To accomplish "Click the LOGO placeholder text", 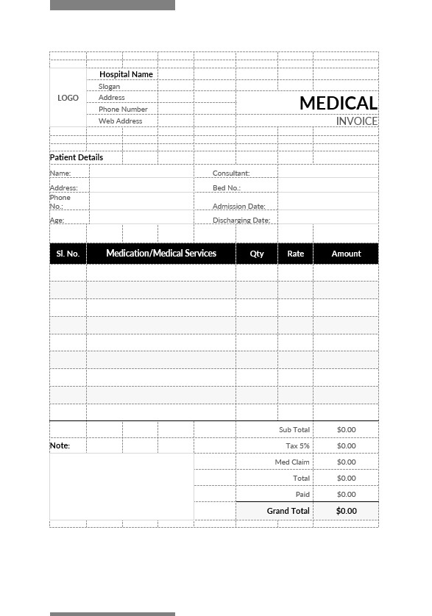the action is (68, 98).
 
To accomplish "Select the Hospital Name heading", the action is (126, 74).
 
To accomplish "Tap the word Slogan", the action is (109, 87).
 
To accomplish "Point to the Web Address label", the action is (121, 121).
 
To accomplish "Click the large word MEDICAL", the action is (338, 104).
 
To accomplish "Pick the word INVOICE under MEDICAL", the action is (357, 121).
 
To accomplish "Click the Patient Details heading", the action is (77, 157).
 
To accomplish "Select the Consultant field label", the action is (231, 173).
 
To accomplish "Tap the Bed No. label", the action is (227, 188).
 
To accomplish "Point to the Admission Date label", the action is (239, 207).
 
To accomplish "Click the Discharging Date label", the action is (241, 221).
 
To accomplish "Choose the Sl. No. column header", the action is (68, 254).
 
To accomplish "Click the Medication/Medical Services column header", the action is (161, 254).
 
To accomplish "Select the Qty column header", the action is (257, 254).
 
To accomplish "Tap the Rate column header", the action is (295, 254).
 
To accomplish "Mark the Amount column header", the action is (346, 254).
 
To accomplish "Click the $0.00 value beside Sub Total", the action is (346, 430).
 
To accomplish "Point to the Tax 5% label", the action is (298, 446).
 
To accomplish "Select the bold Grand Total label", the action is (288, 511).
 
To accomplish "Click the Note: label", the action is (60, 445).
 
